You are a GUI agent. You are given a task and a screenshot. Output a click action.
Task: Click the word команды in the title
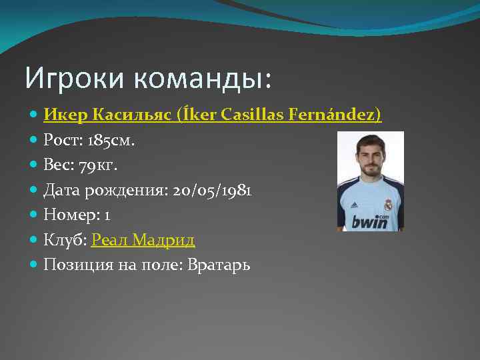[x=199, y=79]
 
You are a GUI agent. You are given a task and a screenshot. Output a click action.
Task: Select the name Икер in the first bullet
[x=65, y=115]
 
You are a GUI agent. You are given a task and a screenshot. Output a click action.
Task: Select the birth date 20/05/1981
[x=212, y=190]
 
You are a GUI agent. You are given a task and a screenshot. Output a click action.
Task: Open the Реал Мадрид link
[x=143, y=240]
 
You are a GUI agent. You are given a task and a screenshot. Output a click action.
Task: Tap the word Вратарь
[x=219, y=265]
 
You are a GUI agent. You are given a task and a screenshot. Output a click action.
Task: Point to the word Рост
[x=62, y=140]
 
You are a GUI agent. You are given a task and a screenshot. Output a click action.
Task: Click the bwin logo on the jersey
[x=369, y=221]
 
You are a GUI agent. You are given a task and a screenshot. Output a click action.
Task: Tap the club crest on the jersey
[x=387, y=205]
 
